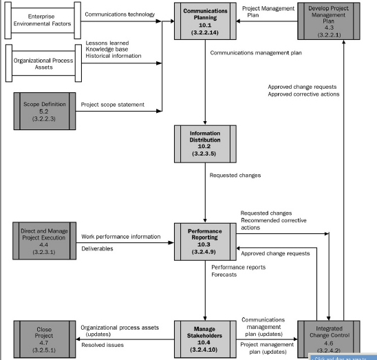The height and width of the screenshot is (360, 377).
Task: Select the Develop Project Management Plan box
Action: pyautogui.click(x=330, y=22)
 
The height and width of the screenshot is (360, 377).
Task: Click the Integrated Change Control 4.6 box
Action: pyautogui.click(x=330, y=337)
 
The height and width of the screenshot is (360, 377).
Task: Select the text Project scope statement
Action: pyautogui.click(x=113, y=105)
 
